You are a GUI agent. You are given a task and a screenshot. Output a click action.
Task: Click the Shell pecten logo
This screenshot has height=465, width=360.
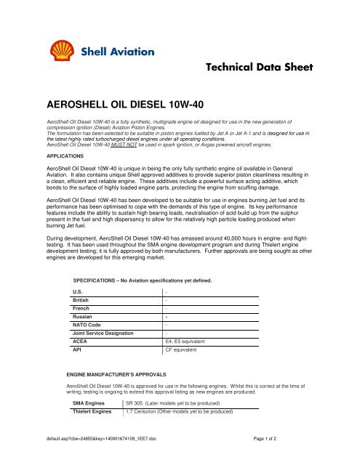tap(63, 52)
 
